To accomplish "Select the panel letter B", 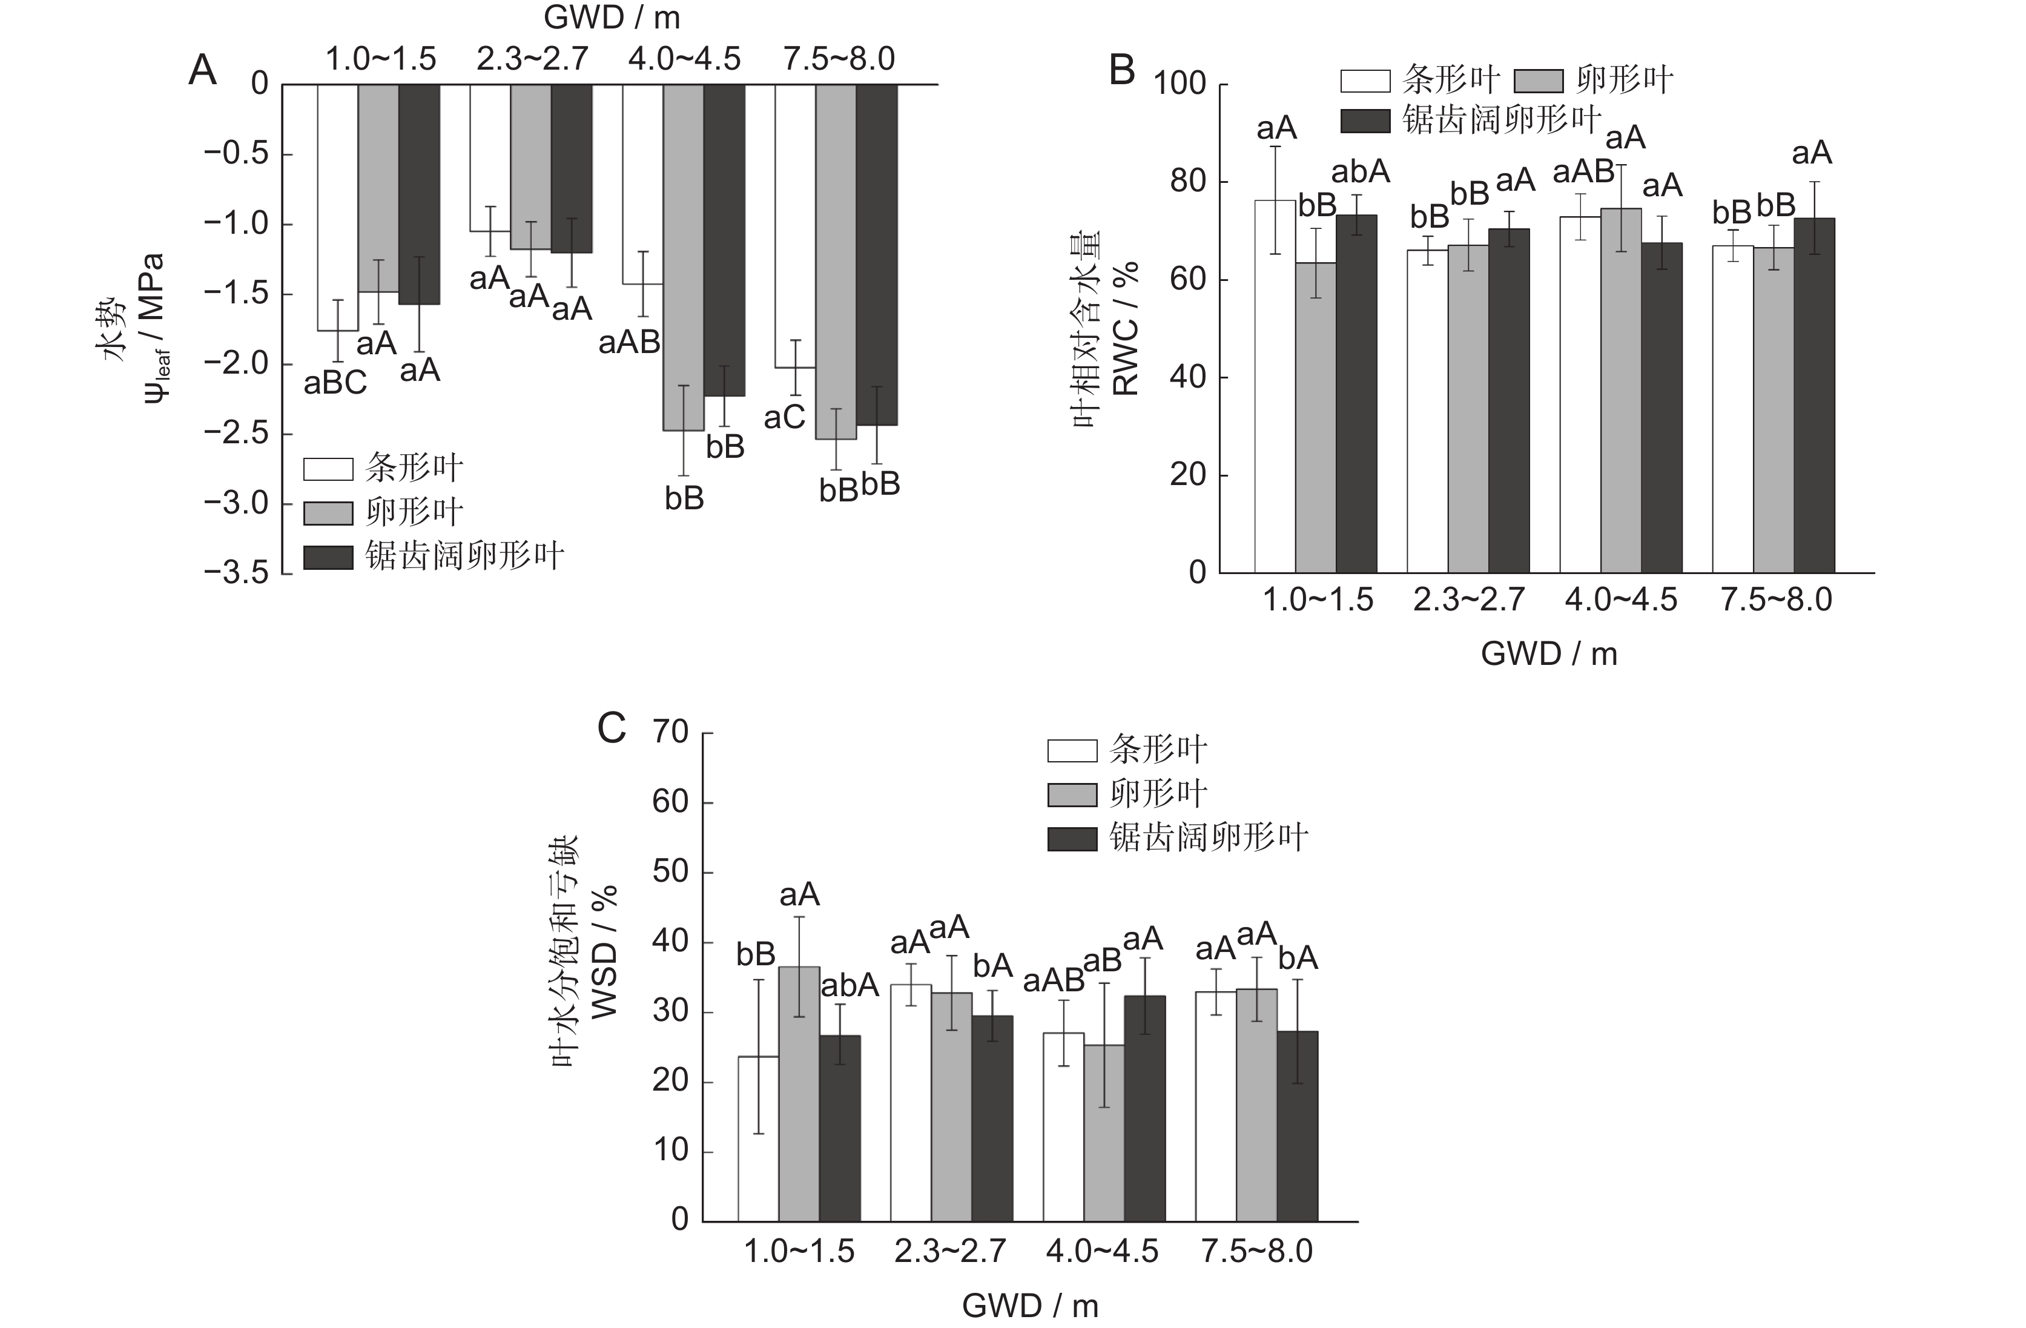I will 1122,71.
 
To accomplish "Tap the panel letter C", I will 611,728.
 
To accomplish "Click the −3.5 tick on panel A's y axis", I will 235,573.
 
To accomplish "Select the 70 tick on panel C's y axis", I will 670,732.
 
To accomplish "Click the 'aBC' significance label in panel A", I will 335,383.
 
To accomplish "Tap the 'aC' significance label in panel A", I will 784,417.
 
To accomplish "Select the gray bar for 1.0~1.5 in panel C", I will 799,1094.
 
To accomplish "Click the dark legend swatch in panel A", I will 329,558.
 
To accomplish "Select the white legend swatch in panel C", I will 1072,751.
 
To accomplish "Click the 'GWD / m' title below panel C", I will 1029,1305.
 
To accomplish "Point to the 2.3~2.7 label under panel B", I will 1468,600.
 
